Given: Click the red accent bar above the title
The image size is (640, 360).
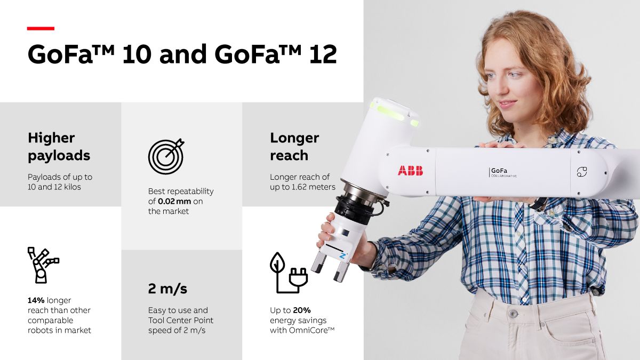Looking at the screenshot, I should point(41,28).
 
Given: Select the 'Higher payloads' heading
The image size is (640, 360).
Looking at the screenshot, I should point(59,147).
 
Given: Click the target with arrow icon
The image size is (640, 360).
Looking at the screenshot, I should point(166,156).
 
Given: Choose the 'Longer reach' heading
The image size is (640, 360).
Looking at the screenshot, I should point(294,147).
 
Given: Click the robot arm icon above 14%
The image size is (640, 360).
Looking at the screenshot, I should point(42,264).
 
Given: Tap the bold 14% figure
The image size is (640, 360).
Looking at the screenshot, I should point(36,300).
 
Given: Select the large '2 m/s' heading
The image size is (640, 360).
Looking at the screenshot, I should point(167,289).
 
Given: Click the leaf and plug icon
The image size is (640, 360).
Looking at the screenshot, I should point(286,273).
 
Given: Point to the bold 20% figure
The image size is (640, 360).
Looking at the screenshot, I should point(301,310).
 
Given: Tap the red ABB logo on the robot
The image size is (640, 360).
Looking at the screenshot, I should point(410,171).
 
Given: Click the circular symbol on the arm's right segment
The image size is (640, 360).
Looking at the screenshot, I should point(581,172).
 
